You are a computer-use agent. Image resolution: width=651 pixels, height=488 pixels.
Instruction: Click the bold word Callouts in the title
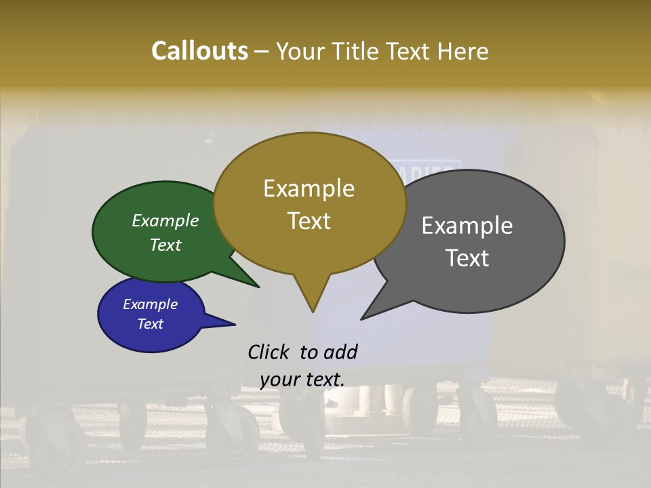[199, 51]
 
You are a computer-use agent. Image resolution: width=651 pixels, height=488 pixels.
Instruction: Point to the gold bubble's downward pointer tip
[313, 310]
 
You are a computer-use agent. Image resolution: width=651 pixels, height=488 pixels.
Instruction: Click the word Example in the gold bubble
[309, 188]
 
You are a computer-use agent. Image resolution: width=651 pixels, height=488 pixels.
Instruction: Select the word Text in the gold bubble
[309, 221]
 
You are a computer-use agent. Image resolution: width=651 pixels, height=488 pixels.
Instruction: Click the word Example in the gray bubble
[467, 226]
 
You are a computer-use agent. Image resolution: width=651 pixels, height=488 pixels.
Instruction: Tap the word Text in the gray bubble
[468, 258]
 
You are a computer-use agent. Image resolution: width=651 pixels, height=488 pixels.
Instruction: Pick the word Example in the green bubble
[165, 220]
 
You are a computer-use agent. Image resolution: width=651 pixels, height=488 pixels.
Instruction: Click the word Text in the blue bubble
[150, 324]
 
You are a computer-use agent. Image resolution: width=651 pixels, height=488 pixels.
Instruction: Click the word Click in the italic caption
[269, 352]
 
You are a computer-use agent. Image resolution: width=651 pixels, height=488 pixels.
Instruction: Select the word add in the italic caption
[340, 352]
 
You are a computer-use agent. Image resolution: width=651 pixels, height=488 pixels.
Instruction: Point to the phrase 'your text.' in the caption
[302, 380]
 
